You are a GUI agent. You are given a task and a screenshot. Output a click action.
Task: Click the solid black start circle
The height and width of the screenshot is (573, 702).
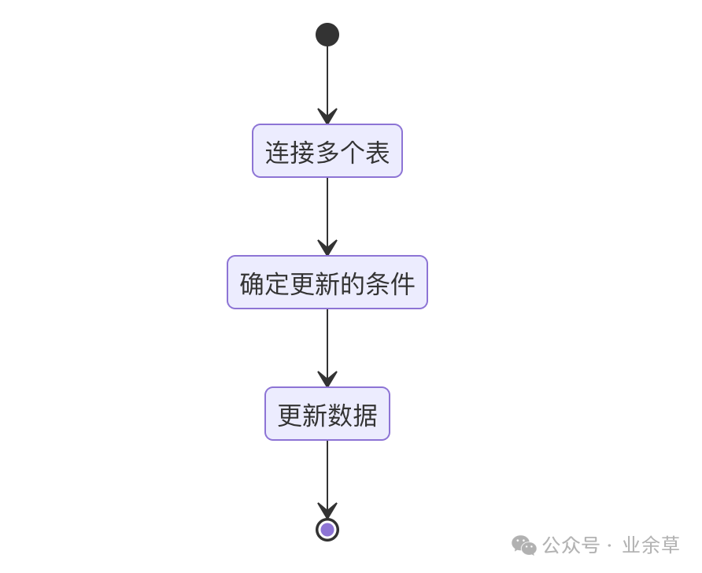click(327, 35)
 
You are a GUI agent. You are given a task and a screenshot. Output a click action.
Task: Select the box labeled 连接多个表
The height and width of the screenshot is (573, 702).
click(327, 151)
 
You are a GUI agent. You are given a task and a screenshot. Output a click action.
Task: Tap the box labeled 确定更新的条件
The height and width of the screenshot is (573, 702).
click(327, 283)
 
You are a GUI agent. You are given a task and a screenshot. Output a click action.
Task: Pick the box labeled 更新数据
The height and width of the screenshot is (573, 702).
click(327, 414)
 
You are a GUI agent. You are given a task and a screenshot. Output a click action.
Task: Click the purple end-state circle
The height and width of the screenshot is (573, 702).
click(327, 530)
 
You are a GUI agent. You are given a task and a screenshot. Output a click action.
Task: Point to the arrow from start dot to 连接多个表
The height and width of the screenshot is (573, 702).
click(327, 79)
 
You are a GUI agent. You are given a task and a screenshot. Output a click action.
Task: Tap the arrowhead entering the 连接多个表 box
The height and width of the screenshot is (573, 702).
click(327, 116)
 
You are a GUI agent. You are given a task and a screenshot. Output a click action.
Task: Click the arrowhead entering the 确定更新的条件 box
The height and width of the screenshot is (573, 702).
click(327, 248)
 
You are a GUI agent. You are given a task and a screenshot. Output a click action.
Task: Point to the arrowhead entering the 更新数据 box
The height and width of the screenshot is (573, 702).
click(327, 379)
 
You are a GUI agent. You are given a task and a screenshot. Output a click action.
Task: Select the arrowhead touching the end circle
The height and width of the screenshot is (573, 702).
click(327, 511)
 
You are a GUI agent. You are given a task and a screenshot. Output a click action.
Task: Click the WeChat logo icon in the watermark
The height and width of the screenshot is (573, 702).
click(524, 545)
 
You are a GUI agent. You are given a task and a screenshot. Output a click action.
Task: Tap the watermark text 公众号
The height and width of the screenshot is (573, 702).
click(571, 545)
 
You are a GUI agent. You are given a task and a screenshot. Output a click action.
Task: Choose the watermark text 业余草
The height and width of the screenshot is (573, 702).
click(651, 545)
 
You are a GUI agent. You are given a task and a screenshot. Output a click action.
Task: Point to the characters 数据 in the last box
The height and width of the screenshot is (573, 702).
click(353, 415)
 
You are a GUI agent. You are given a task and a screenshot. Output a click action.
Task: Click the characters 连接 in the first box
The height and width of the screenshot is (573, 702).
click(290, 152)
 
